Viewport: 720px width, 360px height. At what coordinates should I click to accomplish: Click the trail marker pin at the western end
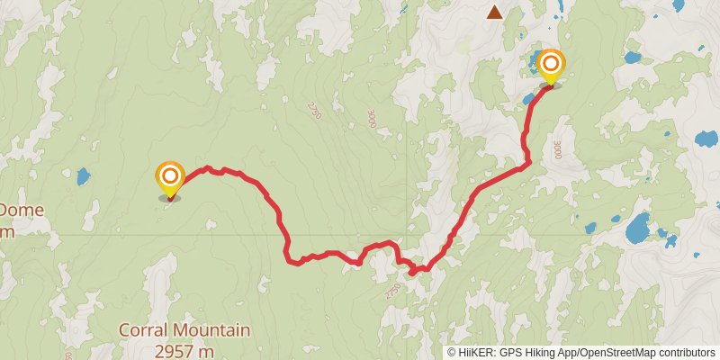point(169,178)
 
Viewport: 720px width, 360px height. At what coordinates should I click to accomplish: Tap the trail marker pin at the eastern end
point(550,67)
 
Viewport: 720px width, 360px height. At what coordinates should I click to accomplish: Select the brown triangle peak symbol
point(494,12)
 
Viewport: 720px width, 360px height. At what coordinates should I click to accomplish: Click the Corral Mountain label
point(184,330)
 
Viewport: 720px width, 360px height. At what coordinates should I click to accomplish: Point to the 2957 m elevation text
point(184,350)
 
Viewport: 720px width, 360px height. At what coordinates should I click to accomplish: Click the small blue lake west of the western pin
point(83,175)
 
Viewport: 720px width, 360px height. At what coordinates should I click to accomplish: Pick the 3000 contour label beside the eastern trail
point(559,148)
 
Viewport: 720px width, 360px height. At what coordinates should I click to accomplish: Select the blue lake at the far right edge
point(706,139)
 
